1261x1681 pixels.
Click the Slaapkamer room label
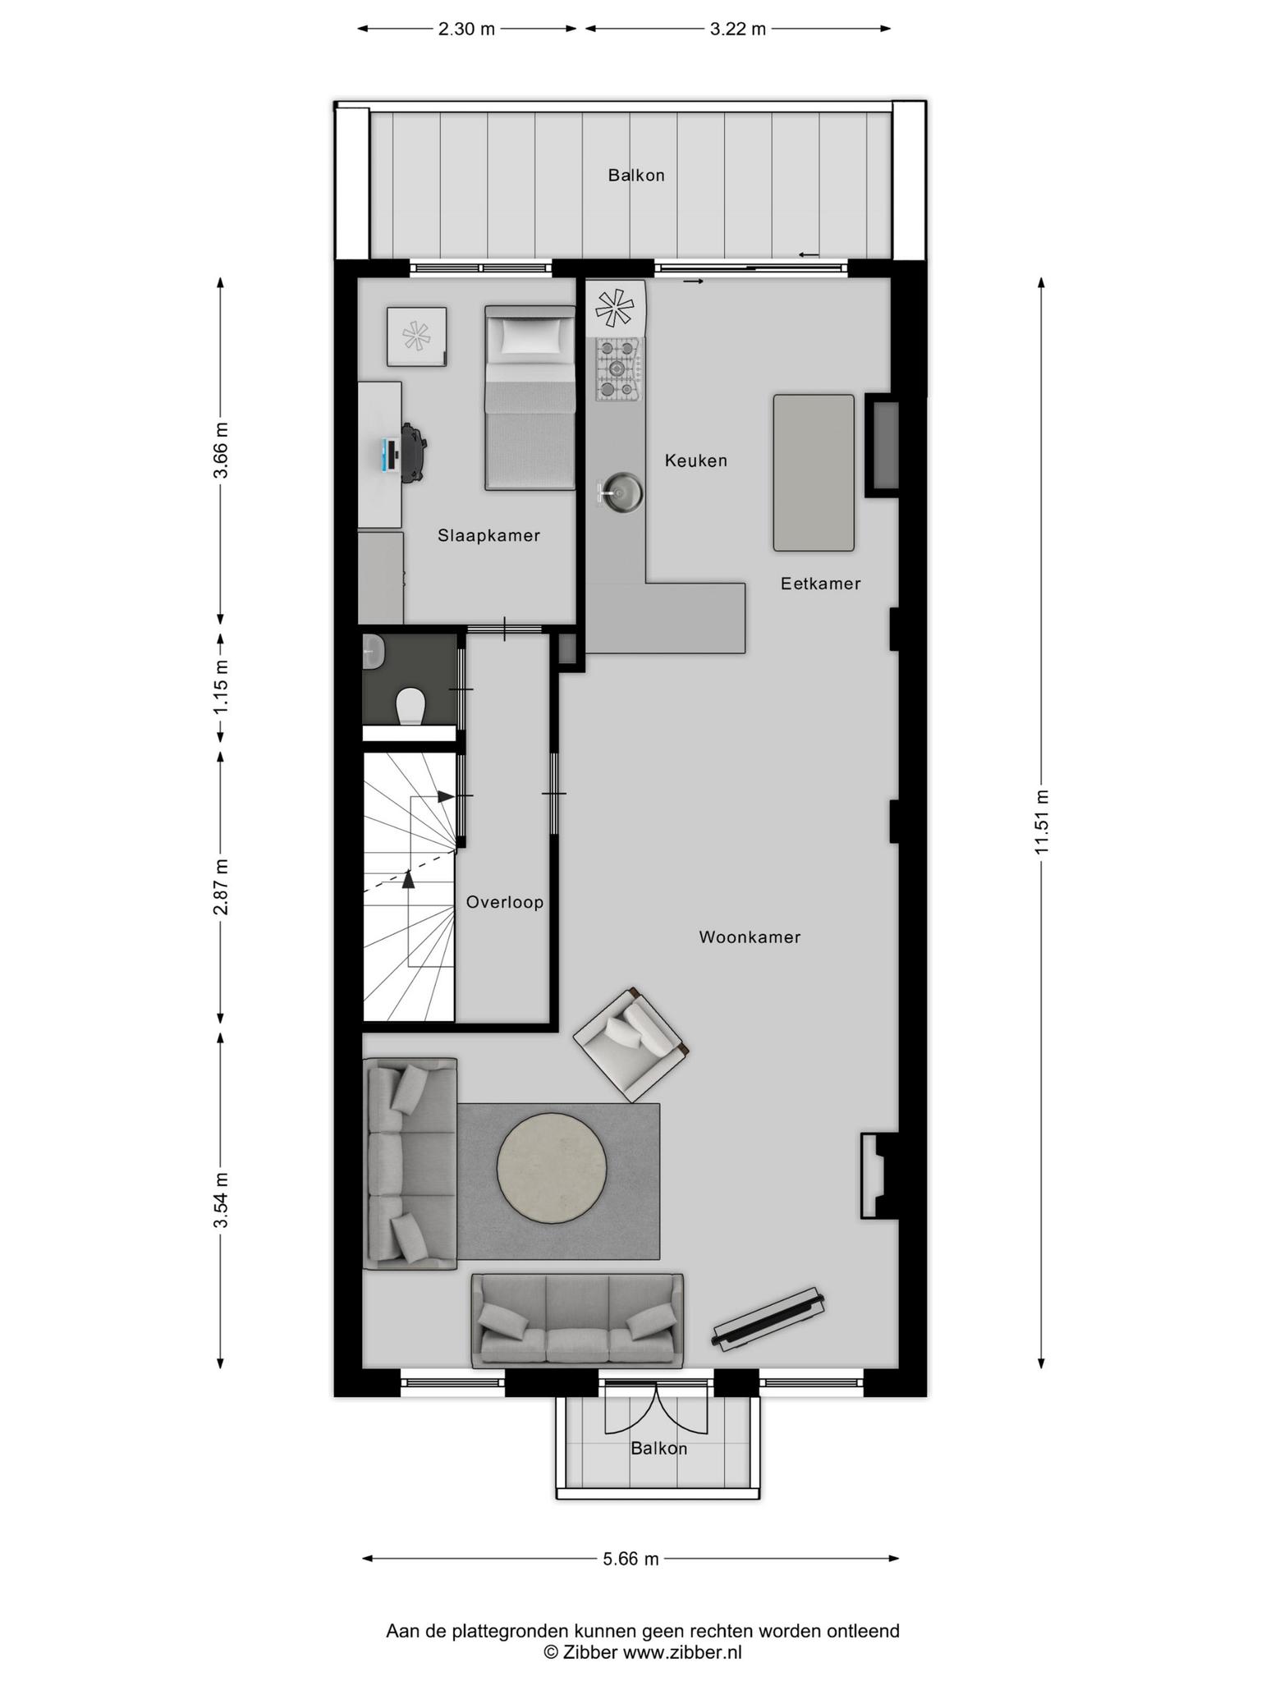click(x=488, y=536)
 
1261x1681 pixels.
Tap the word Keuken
click(x=696, y=460)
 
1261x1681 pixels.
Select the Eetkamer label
click(x=820, y=584)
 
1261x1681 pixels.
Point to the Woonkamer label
click(x=750, y=937)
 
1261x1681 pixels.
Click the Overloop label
click(x=505, y=903)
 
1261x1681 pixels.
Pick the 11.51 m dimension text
click(x=1042, y=822)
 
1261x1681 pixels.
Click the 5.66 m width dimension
click(x=630, y=1559)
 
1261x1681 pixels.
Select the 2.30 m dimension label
click(x=466, y=30)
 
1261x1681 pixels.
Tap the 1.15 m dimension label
click(x=220, y=686)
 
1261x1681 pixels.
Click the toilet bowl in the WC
click(x=410, y=706)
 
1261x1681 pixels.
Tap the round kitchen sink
click(x=621, y=492)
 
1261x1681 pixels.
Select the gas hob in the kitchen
click(x=620, y=369)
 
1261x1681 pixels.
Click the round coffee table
click(x=552, y=1169)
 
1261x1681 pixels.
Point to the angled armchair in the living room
click(x=630, y=1044)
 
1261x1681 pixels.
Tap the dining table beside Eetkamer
click(x=814, y=473)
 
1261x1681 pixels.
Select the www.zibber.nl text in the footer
click(x=681, y=1652)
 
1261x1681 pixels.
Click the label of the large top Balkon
click(x=636, y=175)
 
